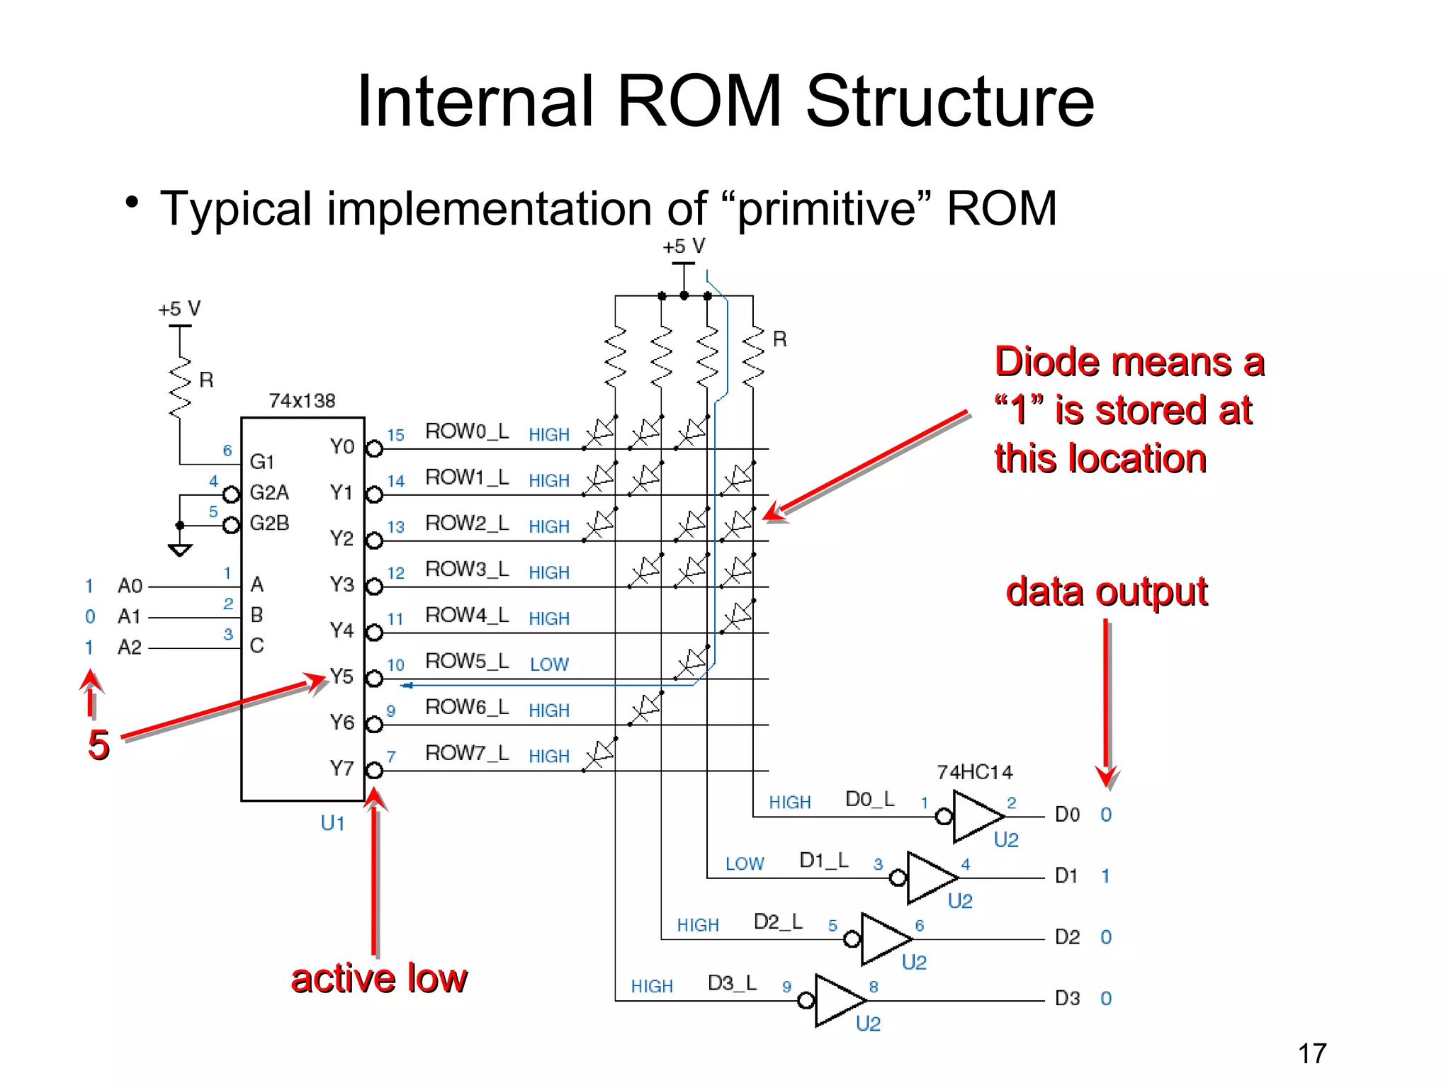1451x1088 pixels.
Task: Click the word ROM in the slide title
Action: tap(699, 101)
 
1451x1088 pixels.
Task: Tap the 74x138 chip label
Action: tap(302, 401)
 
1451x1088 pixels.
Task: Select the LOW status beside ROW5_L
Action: tap(549, 664)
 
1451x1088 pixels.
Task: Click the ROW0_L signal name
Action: tap(467, 431)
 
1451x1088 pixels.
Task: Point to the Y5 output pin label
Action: tap(341, 676)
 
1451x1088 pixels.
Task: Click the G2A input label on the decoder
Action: tap(269, 492)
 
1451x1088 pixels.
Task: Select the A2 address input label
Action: tap(130, 647)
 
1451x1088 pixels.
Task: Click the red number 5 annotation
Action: tap(98, 745)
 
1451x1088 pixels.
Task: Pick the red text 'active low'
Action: tap(379, 979)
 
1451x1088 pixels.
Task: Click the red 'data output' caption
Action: tap(1107, 591)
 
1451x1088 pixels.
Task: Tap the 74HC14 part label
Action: tap(975, 772)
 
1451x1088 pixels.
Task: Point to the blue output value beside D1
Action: tap(1105, 876)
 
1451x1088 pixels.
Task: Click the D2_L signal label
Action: tap(778, 922)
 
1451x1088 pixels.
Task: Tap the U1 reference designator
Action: tap(332, 823)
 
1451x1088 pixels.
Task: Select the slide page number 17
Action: tap(1312, 1053)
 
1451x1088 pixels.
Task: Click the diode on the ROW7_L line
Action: tap(601, 754)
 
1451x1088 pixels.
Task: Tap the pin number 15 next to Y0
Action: tap(395, 435)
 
